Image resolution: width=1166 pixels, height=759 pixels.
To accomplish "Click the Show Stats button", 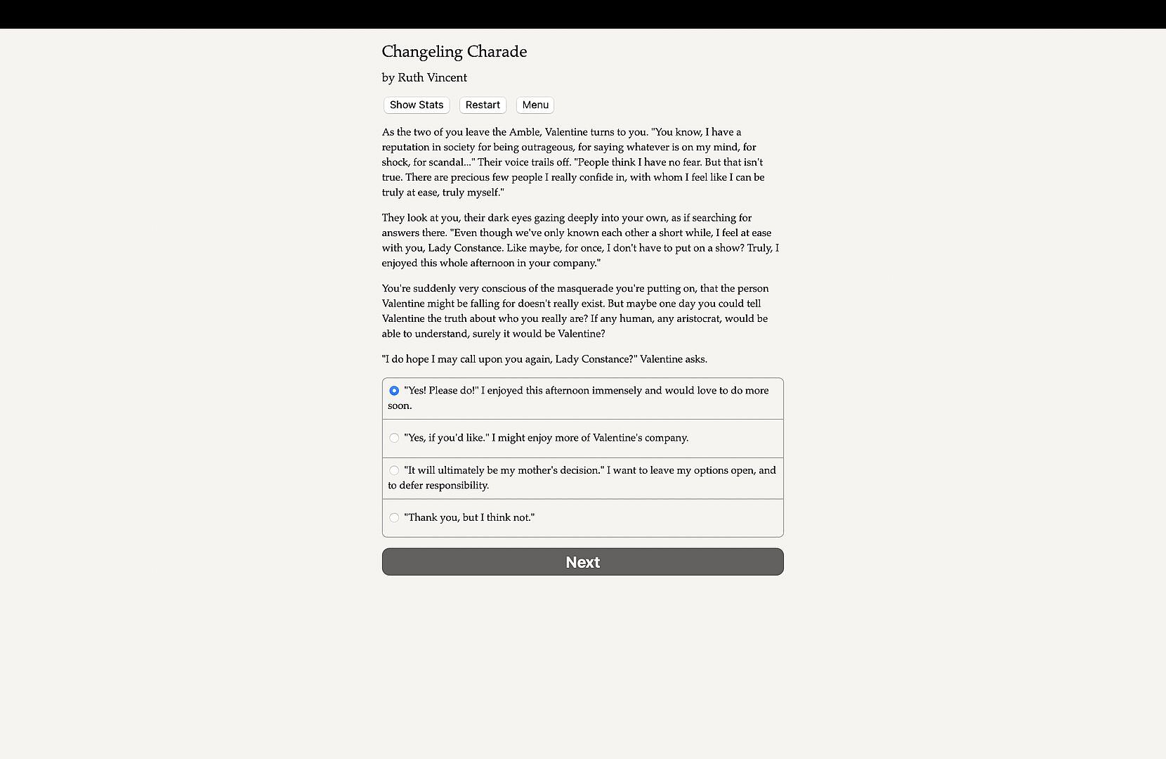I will coord(417,105).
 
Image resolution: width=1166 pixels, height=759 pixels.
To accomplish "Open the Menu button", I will coord(535,105).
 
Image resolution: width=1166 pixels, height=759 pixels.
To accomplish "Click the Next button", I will coord(582,562).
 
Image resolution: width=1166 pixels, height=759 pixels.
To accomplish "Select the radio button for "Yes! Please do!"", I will coord(394,391).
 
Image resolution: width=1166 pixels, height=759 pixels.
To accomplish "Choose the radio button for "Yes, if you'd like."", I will coord(394,438).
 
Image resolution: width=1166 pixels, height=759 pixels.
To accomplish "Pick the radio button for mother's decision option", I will coord(394,470).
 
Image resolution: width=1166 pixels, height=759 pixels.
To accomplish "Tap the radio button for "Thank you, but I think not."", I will coord(394,518).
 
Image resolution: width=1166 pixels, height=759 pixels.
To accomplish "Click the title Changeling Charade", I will coord(454,51).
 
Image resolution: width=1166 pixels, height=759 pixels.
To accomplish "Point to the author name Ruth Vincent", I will coord(432,77).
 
